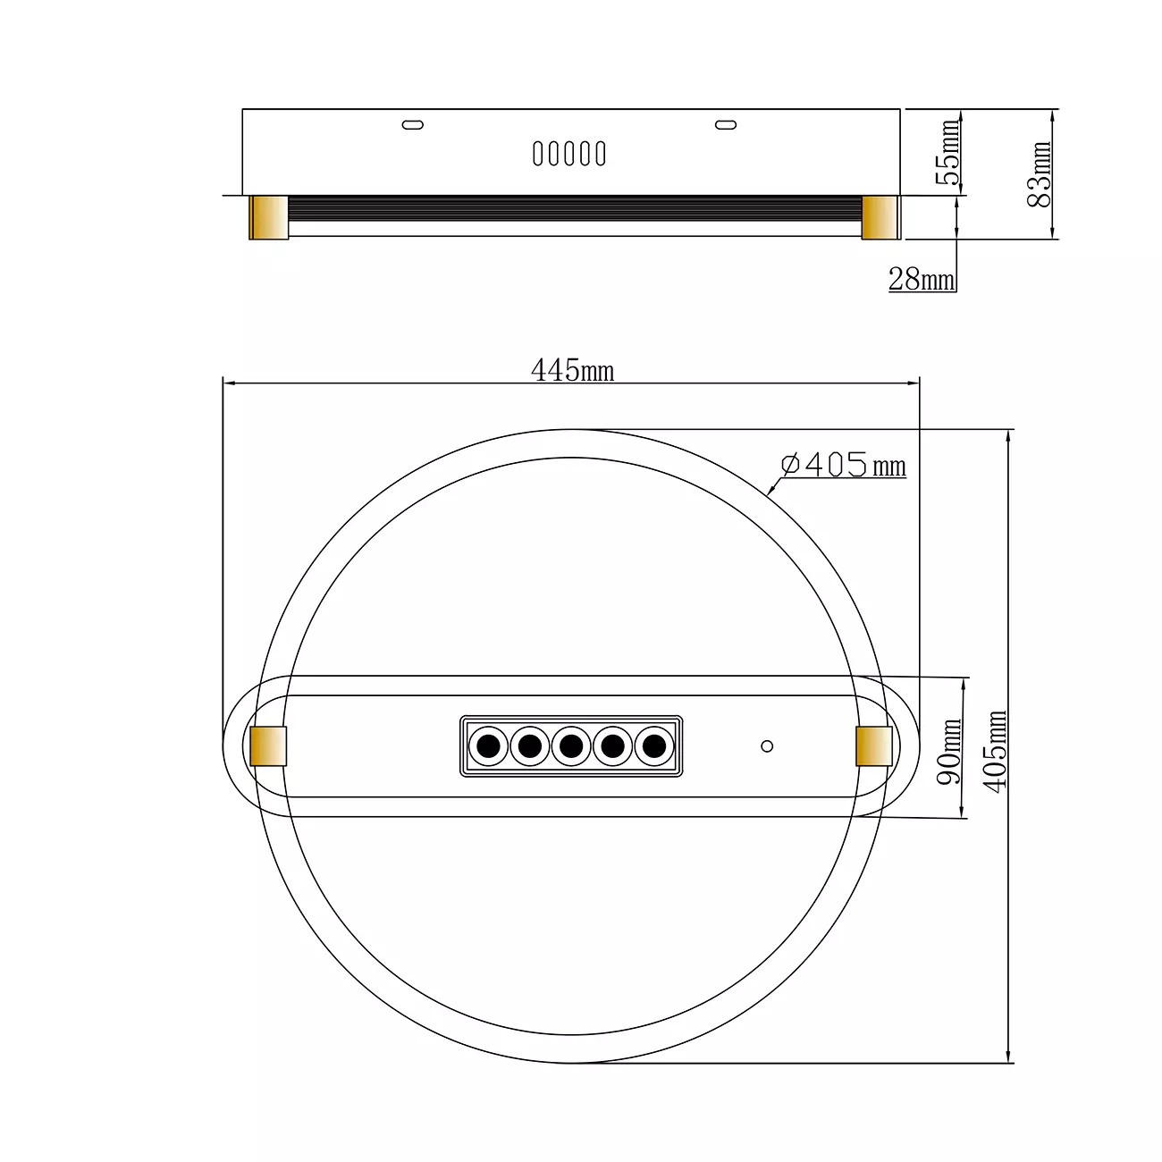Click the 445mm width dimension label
(572, 370)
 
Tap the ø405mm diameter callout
(843, 465)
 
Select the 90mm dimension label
(949, 751)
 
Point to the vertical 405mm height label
(994, 751)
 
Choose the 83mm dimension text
(1039, 174)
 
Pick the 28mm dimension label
(922, 279)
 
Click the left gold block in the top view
(268, 746)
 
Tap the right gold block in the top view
(874, 746)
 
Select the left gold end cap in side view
(269, 218)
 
